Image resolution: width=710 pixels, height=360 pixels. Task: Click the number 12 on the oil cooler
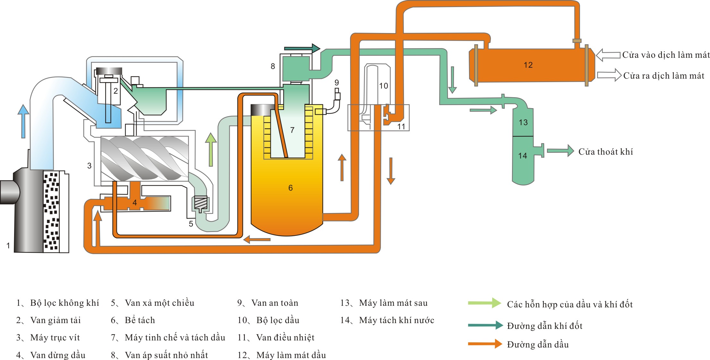tap(528, 65)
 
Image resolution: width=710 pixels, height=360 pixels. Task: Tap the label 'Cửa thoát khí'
tap(605, 152)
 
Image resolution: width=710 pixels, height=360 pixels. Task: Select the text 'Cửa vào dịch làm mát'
tap(666, 55)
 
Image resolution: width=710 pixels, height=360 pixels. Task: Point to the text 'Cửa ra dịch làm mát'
tap(663, 76)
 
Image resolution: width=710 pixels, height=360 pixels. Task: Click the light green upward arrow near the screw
tap(211, 149)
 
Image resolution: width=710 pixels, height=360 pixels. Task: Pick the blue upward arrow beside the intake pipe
tap(23, 121)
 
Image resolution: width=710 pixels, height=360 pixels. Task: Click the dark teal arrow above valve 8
tap(302, 48)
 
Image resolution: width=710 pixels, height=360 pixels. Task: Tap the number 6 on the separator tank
tap(290, 188)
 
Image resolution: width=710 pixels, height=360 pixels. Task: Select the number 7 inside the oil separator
tap(292, 130)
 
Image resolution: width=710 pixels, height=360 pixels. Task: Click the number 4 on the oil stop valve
tap(135, 202)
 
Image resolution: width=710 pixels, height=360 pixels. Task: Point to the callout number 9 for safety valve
tap(337, 82)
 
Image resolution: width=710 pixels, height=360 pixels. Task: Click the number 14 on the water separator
tap(523, 156)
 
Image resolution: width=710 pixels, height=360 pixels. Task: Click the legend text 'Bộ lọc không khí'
tap(64, 303)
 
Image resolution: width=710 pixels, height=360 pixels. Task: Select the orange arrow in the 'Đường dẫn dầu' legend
tap(485, 344)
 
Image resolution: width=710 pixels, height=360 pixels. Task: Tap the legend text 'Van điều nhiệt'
tap(285, 338)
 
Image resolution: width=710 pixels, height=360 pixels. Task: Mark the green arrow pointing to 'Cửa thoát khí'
tap(560, 150)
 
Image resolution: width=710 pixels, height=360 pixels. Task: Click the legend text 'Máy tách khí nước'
tap(397, 320)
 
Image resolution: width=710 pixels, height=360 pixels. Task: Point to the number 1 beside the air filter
tap(8, 246)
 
